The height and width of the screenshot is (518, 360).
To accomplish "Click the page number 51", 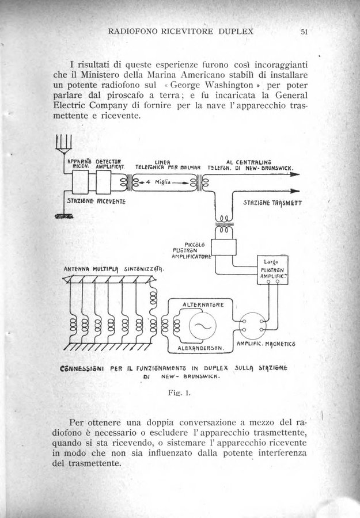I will point(305,31).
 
